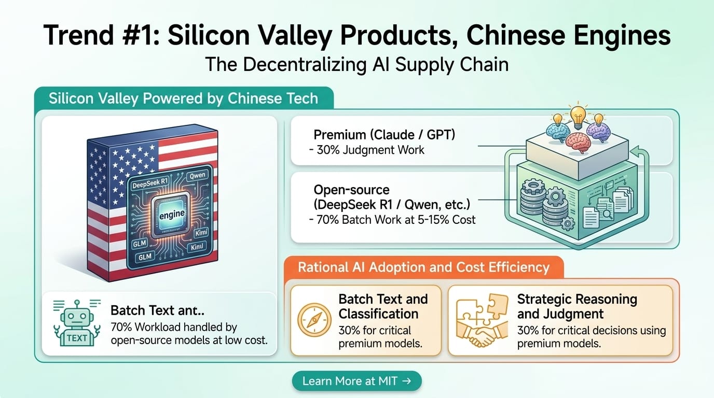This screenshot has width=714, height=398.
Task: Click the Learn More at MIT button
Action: tap(356, 381)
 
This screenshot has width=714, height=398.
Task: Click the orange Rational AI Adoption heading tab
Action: tap(423, 267)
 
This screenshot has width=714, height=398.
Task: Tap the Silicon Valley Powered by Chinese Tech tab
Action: tap(183, 98)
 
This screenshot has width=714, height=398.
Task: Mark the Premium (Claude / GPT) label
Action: tap(385, 135)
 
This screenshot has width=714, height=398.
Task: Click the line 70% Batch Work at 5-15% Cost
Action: tap(392, 219)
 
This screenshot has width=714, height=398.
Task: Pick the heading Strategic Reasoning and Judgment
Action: tap(576, 306)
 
